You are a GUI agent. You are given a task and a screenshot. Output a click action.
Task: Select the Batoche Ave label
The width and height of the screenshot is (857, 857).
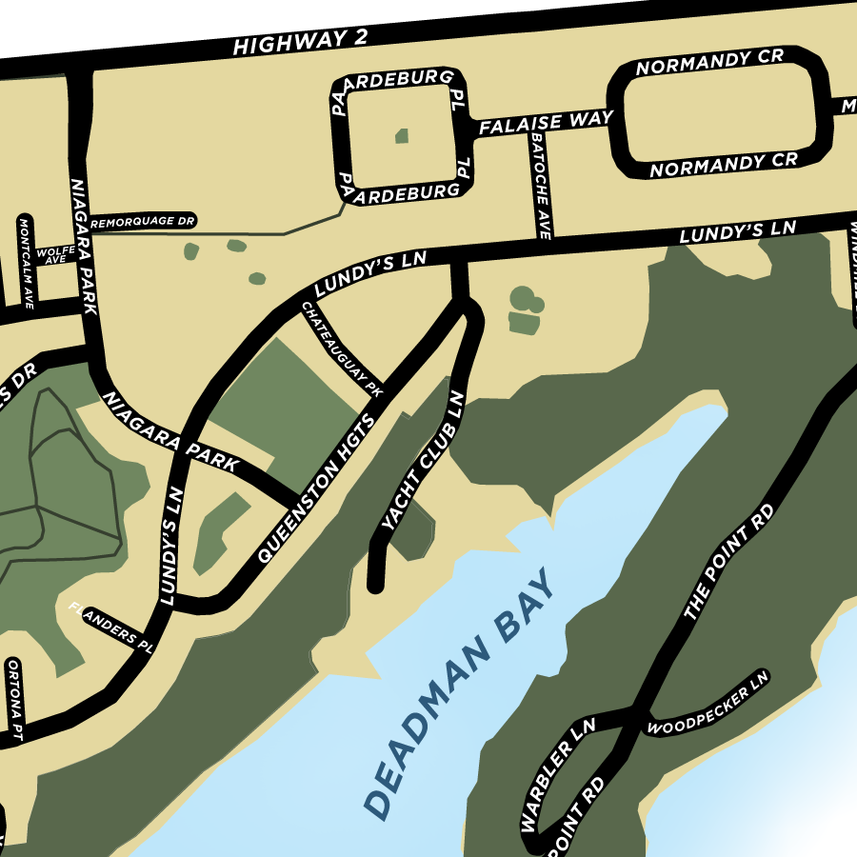click(543, 187)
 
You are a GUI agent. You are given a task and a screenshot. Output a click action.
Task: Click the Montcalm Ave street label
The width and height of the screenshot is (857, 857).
click(27, 264)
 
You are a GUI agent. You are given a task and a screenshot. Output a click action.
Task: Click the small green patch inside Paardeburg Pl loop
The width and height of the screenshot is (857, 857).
click(402, 136)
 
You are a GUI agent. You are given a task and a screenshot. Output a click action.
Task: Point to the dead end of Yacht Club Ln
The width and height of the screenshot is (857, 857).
click(375, 586)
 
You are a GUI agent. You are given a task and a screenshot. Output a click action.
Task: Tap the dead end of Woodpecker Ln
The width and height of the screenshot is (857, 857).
click(762, 676)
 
